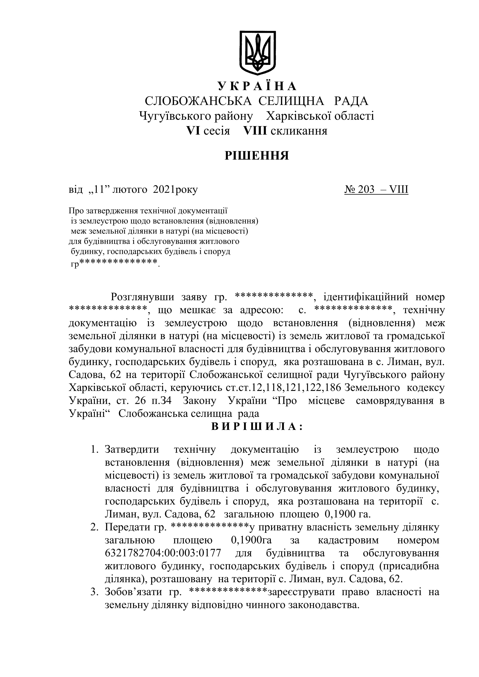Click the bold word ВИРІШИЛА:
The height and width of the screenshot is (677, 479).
point(257,426)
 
